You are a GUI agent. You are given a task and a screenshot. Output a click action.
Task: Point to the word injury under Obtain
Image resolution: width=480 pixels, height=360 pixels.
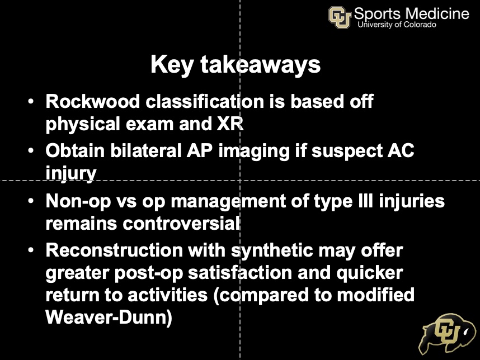pyautogui.click(x=71, y=173)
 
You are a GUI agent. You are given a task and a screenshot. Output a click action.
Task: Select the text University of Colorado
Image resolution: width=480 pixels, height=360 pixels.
pyautogui.click(x=397, y=25)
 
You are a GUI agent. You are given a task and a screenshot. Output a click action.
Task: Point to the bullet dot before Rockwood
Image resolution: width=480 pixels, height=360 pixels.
pyautogui.click(x=32, y=103)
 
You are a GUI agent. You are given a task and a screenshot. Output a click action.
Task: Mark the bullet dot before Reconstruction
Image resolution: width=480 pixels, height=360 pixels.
pyautogui.click(x=32, y=250)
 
